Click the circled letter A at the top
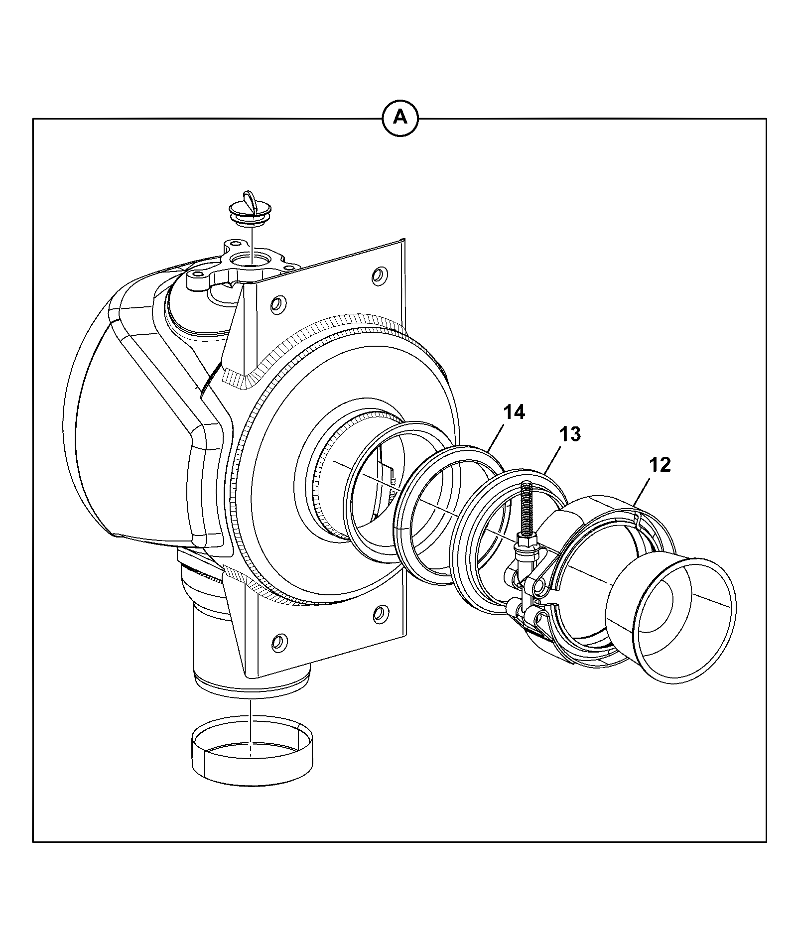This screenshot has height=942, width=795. coord(399,118)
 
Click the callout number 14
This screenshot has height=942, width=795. coord(514,412)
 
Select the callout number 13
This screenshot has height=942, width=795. coord(569,434)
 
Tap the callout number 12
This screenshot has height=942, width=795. coord(660,465)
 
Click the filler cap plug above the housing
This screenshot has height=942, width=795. coord(250,209)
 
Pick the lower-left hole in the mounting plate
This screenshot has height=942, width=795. coord(279,642)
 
